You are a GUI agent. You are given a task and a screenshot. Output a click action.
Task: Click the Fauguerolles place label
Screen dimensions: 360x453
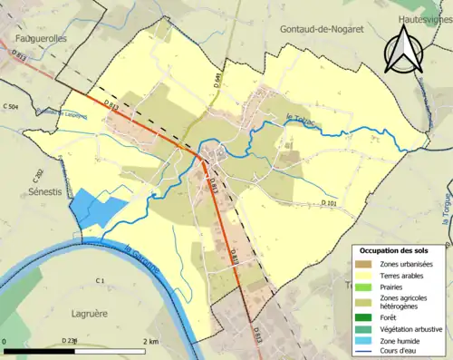point(38,39)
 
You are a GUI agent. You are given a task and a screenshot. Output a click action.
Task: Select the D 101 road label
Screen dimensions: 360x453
point(329,204)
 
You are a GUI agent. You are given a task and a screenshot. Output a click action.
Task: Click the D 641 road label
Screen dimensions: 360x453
point(217,81)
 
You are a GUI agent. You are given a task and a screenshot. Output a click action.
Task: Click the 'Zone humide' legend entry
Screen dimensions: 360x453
point(402,340)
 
